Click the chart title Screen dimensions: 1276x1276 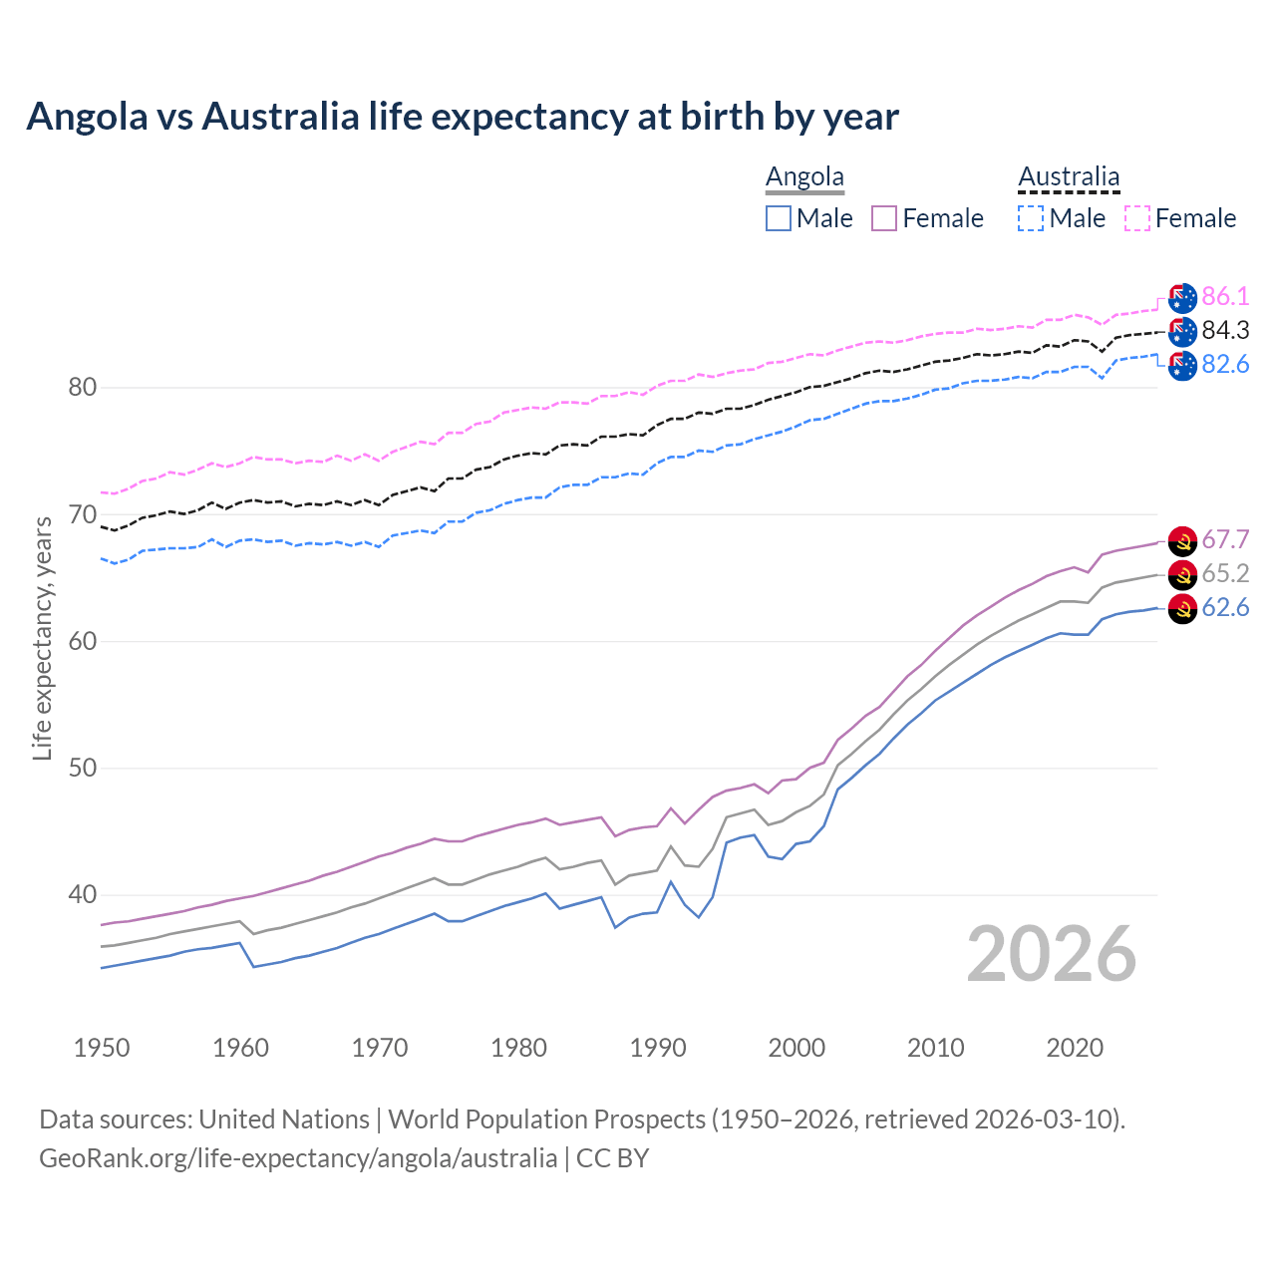tap(463, 117)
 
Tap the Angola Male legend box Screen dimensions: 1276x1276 tap(779, 218)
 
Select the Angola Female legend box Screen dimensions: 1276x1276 tap(884, 218)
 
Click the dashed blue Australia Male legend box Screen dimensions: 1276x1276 tap(1031, 218)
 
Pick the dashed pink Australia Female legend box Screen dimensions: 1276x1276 tap(1137, 218)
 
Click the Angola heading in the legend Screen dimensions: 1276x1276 tap(804, 177)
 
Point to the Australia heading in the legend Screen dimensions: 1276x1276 tap(1069, 177)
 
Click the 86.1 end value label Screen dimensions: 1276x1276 tap(1225, 296)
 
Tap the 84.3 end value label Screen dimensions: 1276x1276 tap(1225, 330)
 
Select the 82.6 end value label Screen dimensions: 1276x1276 tap(1225, 364)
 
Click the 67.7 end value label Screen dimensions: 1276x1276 tap(1225, 539)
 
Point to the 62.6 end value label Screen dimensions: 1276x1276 tap(1225, 607)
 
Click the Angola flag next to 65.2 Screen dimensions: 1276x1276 tap(1182, 574)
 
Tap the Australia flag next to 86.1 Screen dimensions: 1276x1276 tap(1182, 297)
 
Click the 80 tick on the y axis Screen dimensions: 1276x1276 tap(82, 387)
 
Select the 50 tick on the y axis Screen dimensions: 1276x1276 tap(82, 768)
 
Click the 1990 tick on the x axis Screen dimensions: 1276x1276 tap(658, 1048)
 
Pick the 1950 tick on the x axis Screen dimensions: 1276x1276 tap(102, 1048)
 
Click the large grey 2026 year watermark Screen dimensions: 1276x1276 tap(1052, 954)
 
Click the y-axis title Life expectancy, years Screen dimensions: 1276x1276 tap(42, 638)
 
